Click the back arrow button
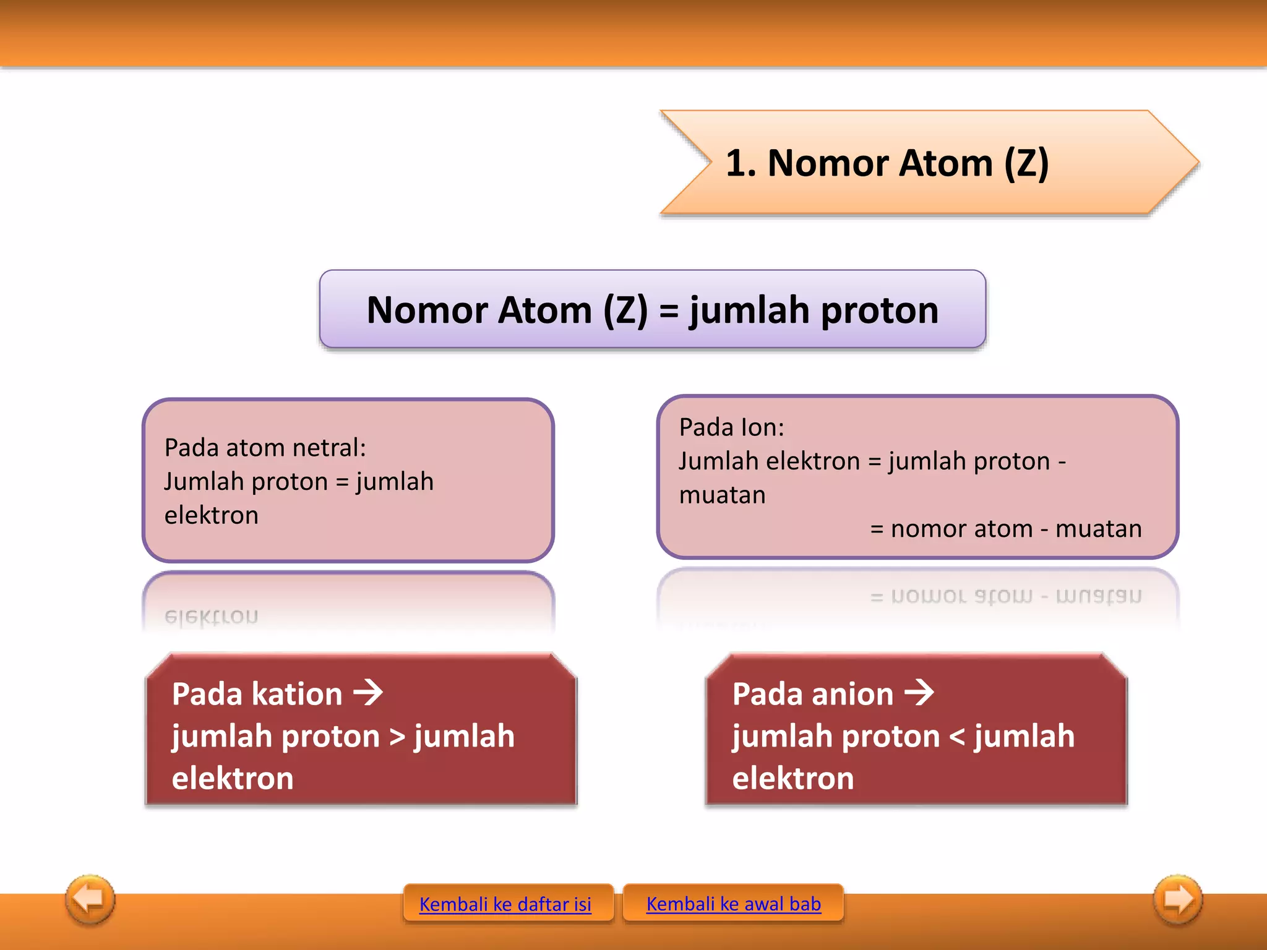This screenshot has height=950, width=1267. click(90, 899)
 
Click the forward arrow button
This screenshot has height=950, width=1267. click(1178, 899)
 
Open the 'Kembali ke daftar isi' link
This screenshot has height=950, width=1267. click(505, 904)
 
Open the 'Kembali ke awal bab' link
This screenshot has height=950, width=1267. click(733, 904)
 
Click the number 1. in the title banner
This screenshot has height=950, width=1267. click(741, 163)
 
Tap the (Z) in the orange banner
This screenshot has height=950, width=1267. click(1026, 163)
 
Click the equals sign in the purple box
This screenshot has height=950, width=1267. click(668, 310)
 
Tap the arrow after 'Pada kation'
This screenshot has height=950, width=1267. click(369, 693)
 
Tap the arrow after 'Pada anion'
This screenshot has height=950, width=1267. click(919, 693)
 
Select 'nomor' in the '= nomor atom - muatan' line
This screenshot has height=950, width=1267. click(930, 529)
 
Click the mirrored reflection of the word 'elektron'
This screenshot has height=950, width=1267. click(212, 617)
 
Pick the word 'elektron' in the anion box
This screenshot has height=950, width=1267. click(793, 778)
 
